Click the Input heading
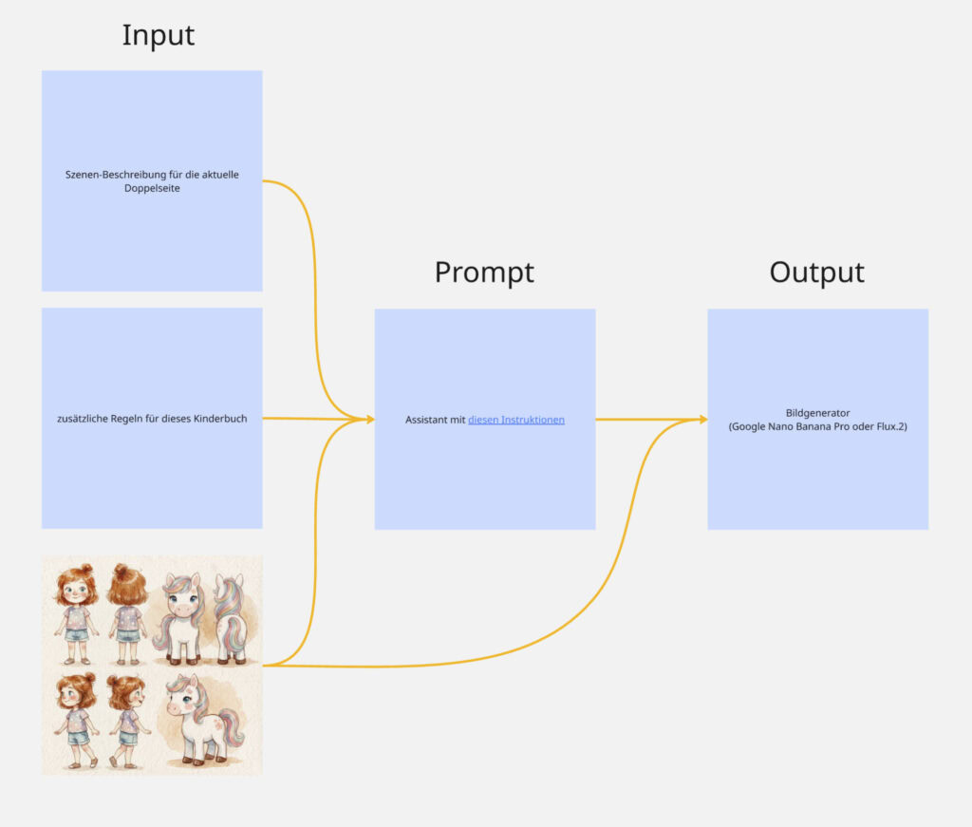click(x=158, y=35)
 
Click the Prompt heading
click(x=484, y=273)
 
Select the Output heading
click(x=816, y=273)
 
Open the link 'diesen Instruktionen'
click(x=516, y=420)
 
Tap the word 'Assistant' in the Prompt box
click(x=426, y=420)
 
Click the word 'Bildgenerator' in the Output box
click(x=817, y=413)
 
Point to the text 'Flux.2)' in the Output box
click(x=888, y=426)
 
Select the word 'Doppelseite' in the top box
click(x=152, y=188)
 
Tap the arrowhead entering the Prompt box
click(x=368, y=419)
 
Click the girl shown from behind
click(x=126, y=612)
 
